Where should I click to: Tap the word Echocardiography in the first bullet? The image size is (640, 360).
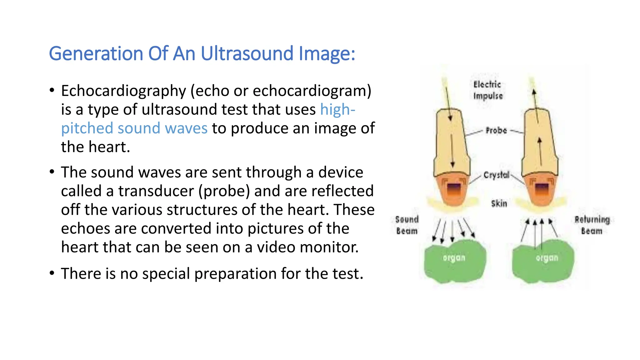(123, 91)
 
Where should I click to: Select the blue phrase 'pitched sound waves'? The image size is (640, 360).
(134, 128)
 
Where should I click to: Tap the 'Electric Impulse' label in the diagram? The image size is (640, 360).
(487, 90)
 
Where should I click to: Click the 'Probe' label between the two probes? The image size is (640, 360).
(496, 130)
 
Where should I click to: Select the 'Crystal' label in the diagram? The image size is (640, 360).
(496, 175)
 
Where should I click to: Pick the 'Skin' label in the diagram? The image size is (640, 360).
(499, 203)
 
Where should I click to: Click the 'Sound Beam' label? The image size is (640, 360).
(407, 225)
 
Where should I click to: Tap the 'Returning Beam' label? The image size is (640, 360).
(592, 225)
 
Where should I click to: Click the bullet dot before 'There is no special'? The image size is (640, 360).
(52, 273)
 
